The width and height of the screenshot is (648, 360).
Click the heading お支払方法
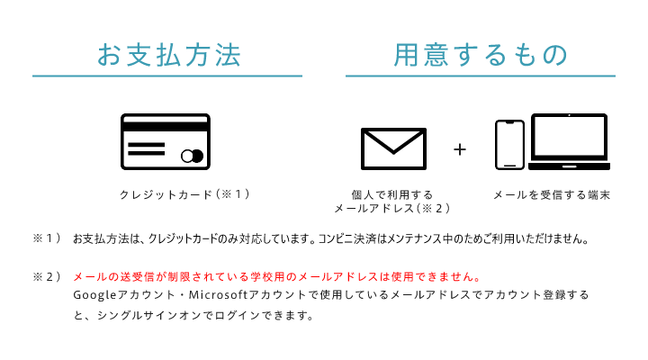pyautogui.click(x=168, y=55)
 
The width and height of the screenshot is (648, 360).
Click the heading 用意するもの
pyautogui.click(x=481, y=55)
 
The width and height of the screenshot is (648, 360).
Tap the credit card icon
pyautogui.click(x=166, y=142)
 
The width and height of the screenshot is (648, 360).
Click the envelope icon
pyautogui.click(x=393, y=148)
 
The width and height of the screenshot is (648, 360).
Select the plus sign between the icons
pyautogui.click(x=460, y=149)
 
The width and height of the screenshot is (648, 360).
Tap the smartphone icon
pyautogui.click(x=509, y=145)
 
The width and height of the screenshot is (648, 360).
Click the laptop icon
pyautogui.click(x=569, y=142)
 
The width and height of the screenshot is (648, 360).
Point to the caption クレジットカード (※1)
pyautogui.click(x=184, y=194)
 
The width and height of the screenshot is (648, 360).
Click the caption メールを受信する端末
pyautogui.click(x=552, y=194)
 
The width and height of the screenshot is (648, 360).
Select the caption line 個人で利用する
pyautogui.click(x=391, y=194)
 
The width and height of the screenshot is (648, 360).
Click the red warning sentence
pyautogui.click(x=276, y=276)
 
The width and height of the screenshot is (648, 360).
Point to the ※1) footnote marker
pyautogui.click(x=47, y=238)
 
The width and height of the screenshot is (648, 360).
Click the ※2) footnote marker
pyautogui.click(x=47, y=276)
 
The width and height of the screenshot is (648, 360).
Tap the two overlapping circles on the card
pyautogui.click(x=193, y=156)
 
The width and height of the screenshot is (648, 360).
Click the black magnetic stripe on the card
pyautogui.click(x=166, y=127)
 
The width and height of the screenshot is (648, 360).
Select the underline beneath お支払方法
pyautogui.click(x=167, y=76)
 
